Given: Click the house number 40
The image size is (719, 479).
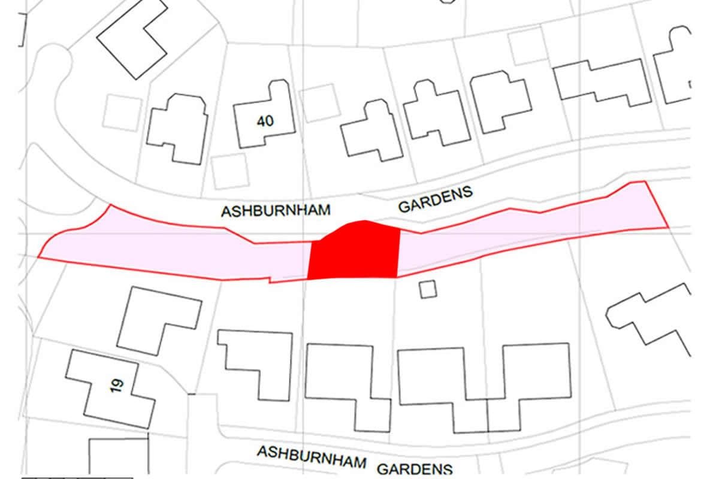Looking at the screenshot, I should point(265,122).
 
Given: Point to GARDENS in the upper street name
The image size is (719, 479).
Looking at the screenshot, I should point(436,199).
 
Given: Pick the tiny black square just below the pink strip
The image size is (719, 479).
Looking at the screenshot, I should point(428,289).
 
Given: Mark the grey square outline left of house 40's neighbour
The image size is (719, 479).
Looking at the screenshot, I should point(122,111).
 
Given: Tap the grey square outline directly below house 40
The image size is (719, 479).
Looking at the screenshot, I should point(230,171).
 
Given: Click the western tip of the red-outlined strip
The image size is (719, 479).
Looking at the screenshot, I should point(39,257).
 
